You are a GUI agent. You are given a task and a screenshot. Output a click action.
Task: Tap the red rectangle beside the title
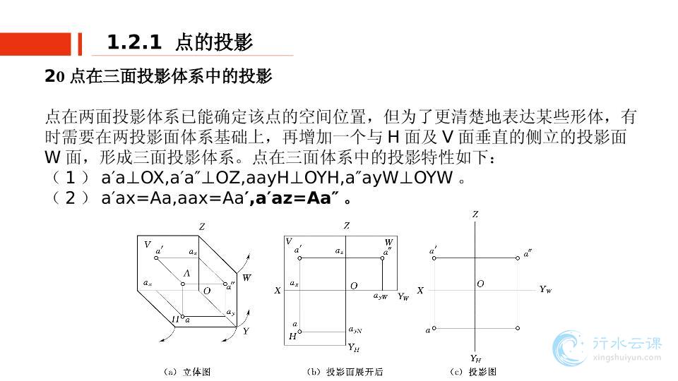click(x=35, y=44)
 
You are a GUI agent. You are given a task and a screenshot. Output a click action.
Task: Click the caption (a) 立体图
click(x=186, y=372)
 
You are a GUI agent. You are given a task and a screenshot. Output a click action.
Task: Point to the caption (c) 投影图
click(x=472, y=372)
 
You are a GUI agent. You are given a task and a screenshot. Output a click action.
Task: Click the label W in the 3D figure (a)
click(x=246, y=278)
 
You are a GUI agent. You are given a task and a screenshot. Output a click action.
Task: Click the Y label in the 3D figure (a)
click(x=246, y=330)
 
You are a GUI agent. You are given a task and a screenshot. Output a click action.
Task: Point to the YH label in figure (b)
click(x=354, y=347)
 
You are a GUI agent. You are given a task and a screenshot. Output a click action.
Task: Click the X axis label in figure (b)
click(x=278, y=290)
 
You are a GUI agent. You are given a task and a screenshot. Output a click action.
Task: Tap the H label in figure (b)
click(x=292, y=337)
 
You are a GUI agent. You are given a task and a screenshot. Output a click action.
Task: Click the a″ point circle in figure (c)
click(x=518, y=258)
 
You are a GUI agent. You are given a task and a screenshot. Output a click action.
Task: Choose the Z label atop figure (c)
click(x=475, y=214)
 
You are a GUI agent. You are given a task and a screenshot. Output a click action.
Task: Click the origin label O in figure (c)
click(x=480, y=284)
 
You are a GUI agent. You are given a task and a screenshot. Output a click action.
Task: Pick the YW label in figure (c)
click(x=545, y=289)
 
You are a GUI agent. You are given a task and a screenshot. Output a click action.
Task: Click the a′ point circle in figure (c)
click(x=434, y=258)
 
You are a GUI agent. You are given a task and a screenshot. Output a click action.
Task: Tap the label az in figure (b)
click(x=340, y=251)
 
